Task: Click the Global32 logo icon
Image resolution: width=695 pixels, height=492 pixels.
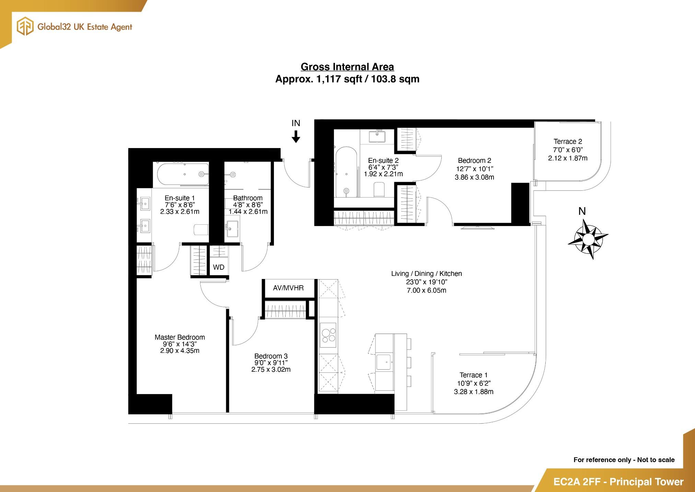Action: tap(25, 27)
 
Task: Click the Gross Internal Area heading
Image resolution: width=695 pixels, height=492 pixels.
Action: tap(347, 67)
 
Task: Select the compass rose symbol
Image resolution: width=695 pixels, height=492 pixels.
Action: tap(588, 239)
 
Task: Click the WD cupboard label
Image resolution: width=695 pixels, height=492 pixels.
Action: tap(219, 267)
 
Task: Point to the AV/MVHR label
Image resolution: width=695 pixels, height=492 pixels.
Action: tap(288, 288)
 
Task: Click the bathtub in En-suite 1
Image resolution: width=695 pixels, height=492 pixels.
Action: tap(183, 174)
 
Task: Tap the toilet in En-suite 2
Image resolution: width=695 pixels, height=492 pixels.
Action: tap(379, 189)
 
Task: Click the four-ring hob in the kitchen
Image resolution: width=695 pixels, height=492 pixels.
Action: tap(328, 335)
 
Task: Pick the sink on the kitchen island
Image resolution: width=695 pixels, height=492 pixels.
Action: tap(384, 362)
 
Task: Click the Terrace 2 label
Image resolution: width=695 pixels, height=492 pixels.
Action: tap(568, 142)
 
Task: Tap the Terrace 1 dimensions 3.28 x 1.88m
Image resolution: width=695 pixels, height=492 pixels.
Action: tap(474, 392)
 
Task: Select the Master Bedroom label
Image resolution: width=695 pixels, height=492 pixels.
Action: tap(179, 337)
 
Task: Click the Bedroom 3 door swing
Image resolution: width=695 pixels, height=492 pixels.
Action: tap(244, 332)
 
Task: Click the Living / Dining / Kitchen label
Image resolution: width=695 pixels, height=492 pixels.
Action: tap(426, 273)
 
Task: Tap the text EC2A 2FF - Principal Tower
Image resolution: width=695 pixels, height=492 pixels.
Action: tap(618, 482)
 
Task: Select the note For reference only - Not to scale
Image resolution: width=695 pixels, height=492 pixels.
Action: tap(624, 460)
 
